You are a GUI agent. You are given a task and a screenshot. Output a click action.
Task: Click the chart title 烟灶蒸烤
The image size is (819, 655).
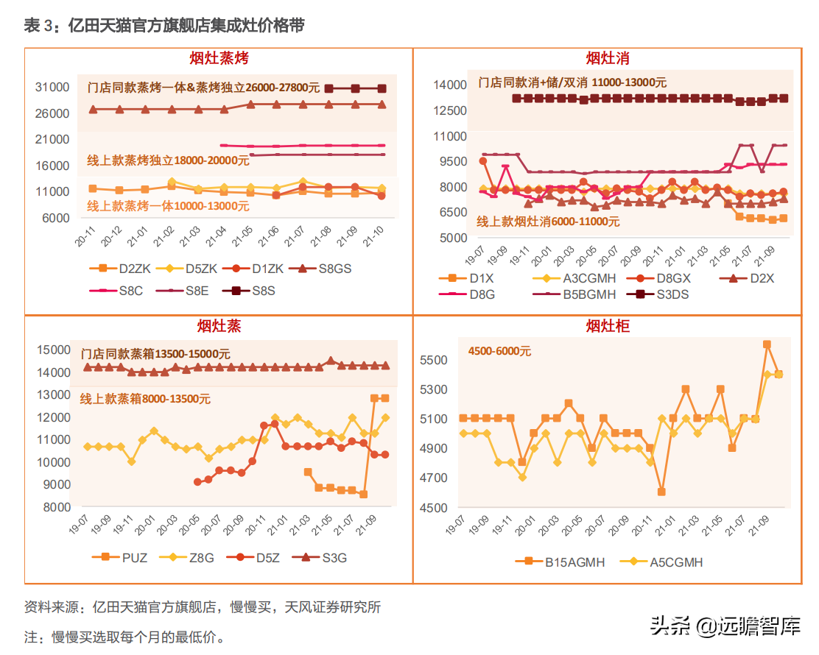(x=219, y=58)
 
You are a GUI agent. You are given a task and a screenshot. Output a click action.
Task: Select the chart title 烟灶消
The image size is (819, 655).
(x=607, y=58)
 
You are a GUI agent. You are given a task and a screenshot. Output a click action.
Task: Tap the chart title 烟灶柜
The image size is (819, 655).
(x=607, y=325)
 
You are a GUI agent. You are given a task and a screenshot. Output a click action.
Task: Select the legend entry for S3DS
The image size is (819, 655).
(x=667, y=294)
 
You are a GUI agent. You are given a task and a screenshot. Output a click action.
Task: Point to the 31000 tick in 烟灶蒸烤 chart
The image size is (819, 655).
(x=52, y=88)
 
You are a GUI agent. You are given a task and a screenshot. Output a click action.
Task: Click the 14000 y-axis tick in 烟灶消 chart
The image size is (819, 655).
(x=449, y=85)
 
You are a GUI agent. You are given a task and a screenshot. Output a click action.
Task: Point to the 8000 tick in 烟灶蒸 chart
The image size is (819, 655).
(x=56, y=507)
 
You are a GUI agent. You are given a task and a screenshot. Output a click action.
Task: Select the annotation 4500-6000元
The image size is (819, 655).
(x=499, y=351)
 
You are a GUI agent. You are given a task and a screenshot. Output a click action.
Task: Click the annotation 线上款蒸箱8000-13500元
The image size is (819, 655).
(x=145, y=399)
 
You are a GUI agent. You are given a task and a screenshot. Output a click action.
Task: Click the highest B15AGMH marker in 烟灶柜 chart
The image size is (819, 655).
(x=767, y=344)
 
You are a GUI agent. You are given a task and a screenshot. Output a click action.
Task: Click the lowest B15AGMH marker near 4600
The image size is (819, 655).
(x=661, y=492)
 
